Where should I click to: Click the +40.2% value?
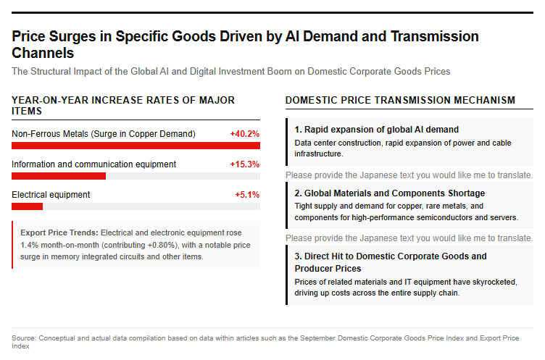[x=245, y=134]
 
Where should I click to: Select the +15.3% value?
[x=245, y=164]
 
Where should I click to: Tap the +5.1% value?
[x=247, y=195]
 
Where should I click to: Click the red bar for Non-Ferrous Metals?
[x=136, y=146]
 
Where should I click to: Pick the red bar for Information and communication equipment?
[x=59, y=176]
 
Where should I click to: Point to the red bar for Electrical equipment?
[x=27, y=206]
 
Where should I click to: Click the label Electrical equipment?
[x=51, y=195]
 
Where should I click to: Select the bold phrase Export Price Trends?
[x=59, y=233]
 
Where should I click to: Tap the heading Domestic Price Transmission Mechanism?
[x=400, y=100]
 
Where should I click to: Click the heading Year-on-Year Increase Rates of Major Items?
[x=123, y=106]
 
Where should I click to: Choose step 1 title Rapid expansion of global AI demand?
[x=376, y=129]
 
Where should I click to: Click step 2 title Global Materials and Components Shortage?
[x=390, y=193]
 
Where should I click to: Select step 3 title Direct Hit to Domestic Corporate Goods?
[x=391, y=262]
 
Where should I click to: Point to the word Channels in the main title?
[x=43, y=53]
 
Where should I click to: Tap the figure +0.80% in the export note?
[x=162, y=245]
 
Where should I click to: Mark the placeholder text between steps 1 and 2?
[x=409, y=175]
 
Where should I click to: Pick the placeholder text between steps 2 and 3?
[x=409, y=238]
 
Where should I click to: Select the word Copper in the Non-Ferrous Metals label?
[x=143, y=134]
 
